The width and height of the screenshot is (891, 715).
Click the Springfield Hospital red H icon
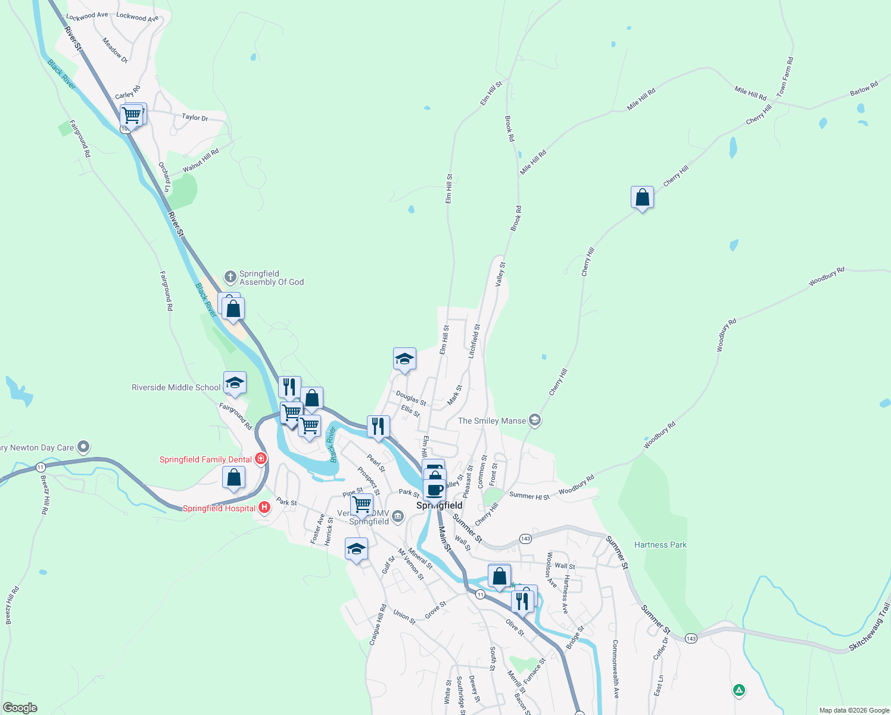point(264,508)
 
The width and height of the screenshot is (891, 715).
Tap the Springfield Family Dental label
point(205,459)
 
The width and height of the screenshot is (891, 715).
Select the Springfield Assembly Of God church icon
point(230,277)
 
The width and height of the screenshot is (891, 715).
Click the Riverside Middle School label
point(176,387)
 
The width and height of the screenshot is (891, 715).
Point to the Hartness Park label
point(660,545)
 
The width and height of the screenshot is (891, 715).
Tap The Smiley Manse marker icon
point(534,421)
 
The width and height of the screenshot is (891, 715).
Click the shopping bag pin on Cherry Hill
point(642,197)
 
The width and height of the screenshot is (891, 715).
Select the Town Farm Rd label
point(785,77)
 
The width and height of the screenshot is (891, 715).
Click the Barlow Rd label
point(864,89)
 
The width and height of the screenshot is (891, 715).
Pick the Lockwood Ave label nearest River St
point(87,16)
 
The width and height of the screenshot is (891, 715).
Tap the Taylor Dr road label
point(195,117)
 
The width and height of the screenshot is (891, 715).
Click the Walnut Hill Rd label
point(201,160)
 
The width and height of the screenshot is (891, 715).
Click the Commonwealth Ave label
point(616,669)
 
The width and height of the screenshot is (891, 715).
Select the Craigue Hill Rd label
point(378,624)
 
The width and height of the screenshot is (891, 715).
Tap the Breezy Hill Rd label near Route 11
point(44,495)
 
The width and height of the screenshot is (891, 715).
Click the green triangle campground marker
point(739,691)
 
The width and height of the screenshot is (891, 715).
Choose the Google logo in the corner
point(20,708)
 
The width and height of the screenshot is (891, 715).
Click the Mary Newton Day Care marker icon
point(83,446)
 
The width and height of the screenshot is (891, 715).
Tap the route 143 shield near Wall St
point(525,539)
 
